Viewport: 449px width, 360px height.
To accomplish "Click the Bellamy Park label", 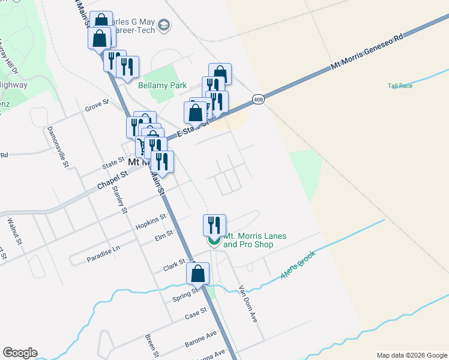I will point(163,86).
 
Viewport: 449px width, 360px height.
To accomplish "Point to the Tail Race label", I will point(400,86).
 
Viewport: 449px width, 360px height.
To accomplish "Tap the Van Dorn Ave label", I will point(248,304).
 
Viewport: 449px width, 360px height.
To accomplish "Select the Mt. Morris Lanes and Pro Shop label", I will point(255,240).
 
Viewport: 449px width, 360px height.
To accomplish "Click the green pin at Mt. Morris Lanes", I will point(214,241).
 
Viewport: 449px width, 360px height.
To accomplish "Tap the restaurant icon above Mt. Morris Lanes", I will point(214,225).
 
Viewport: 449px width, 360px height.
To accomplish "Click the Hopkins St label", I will point(150,220).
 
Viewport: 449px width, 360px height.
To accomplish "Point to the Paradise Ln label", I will point(103,247).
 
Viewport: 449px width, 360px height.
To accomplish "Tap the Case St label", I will point(196,312).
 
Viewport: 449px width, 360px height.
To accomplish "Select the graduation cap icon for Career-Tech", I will point(164,26).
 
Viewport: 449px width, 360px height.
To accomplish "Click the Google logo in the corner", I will point(20,353).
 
